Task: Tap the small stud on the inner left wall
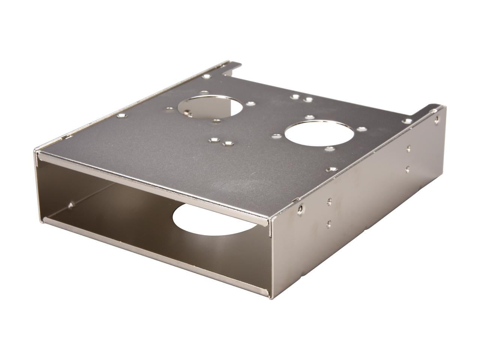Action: point(71,205)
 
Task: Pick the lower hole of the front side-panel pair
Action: point(329,223)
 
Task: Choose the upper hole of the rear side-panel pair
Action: point(409,148)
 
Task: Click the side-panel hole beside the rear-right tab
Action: point(436,120)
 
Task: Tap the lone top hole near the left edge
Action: point(120,116)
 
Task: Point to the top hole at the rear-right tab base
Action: point(407,121)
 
